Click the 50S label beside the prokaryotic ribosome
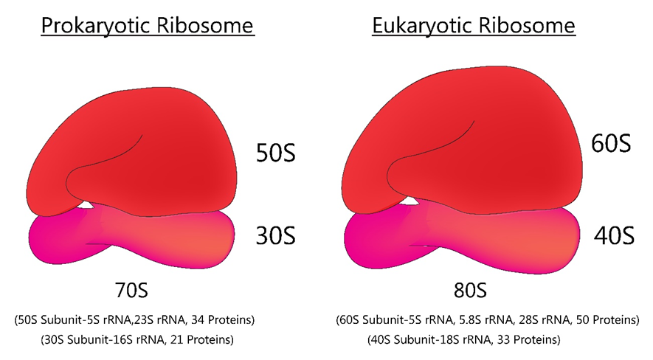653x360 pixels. coord(275,152)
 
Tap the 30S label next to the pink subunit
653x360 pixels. coord(275,235)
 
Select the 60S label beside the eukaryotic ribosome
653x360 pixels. coord(611,143)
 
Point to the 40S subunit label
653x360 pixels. coord(614,235)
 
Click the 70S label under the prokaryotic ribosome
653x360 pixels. coord(131,290)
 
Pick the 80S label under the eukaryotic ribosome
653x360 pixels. coord(470,290)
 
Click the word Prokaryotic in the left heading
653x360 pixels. coord(96,26)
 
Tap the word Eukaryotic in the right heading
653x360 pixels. coord(422,26)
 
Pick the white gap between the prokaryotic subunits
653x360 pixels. coord(86,205)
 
